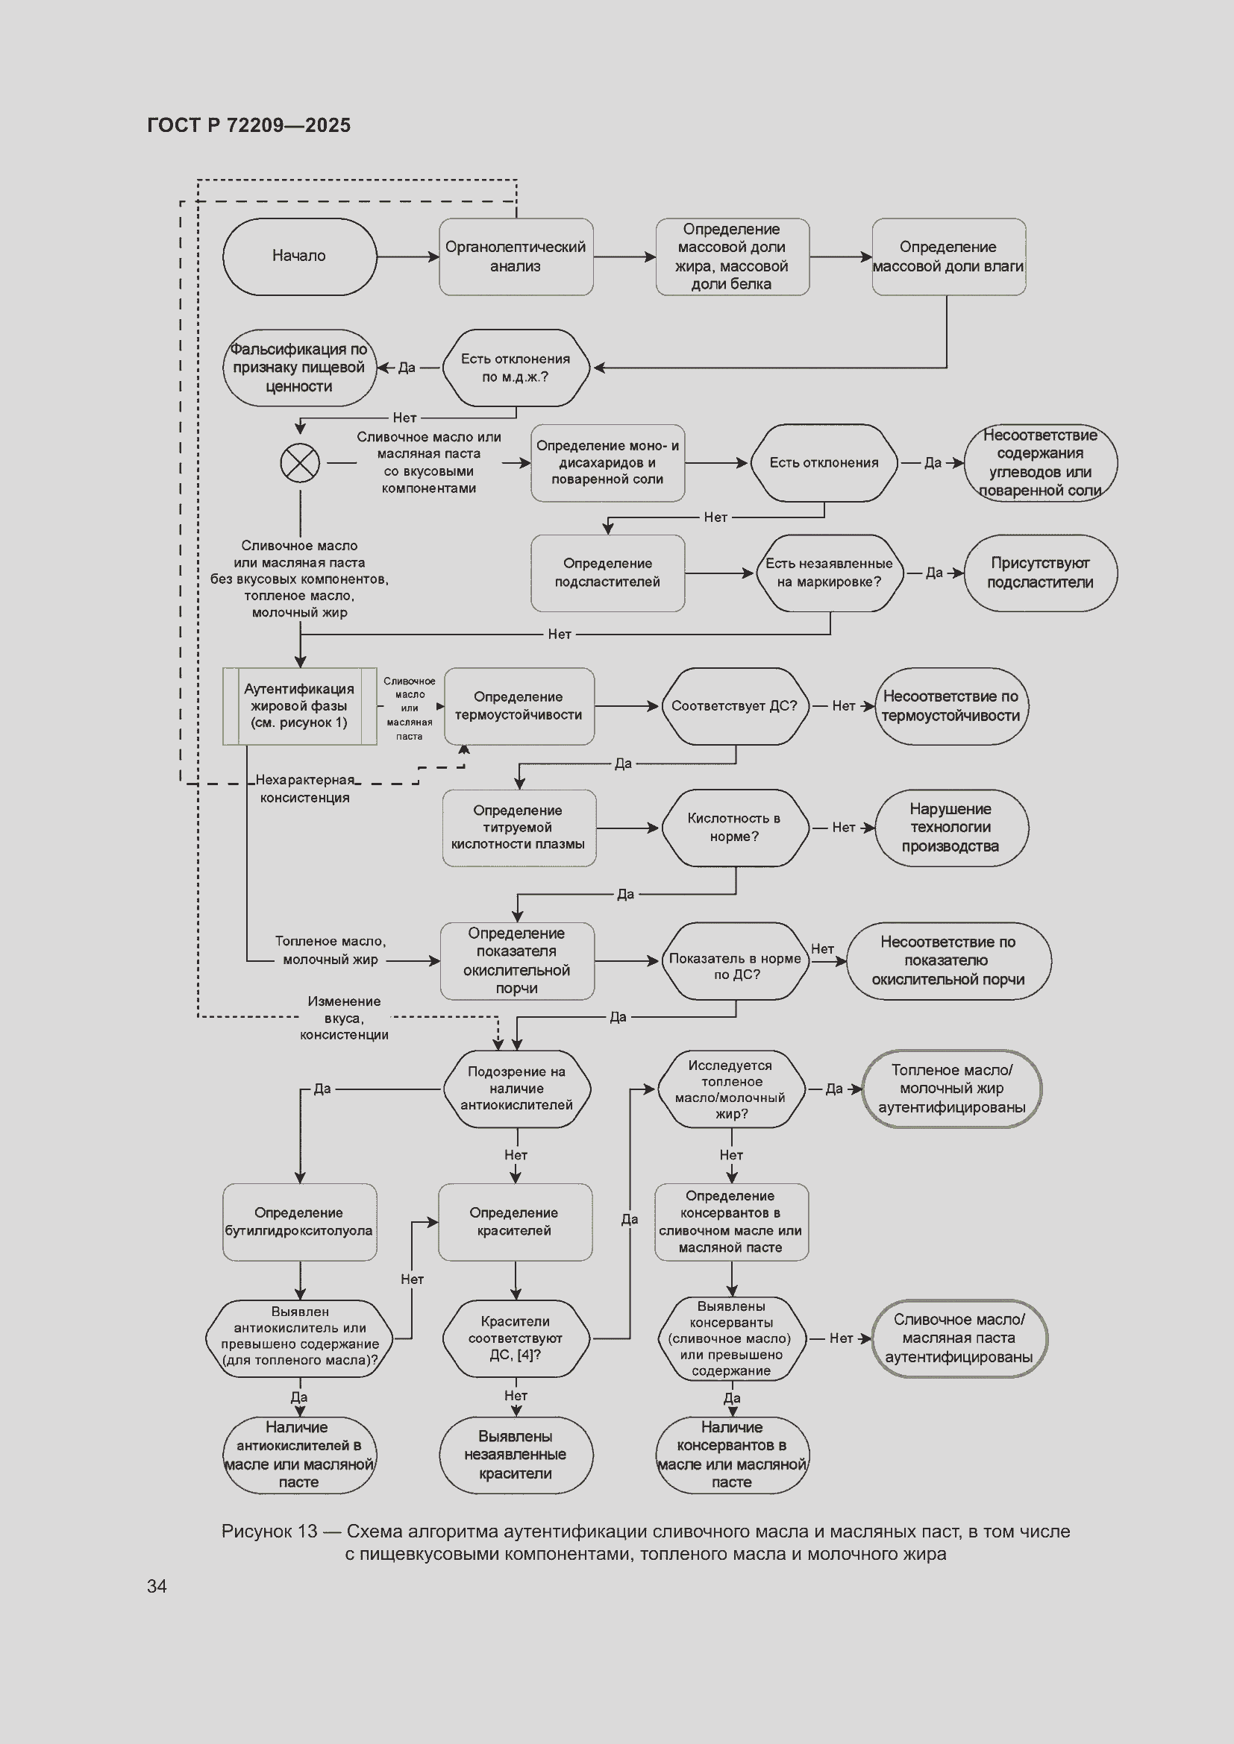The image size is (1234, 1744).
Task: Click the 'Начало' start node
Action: tap(299, 256)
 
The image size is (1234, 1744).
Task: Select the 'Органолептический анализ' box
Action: tap(516, 256)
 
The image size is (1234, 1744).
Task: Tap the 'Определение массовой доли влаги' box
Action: tap(948, 256)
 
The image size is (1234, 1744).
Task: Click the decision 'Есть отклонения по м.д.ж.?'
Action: tap(516, 368)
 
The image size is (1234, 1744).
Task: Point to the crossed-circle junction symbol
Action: tap(300, 462)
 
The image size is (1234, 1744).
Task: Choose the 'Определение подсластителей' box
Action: tap(607, 573)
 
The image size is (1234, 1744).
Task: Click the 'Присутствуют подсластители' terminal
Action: tap(1040, 573)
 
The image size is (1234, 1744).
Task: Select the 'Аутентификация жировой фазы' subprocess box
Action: tap(299, 705)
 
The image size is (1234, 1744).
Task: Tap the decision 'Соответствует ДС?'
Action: tap(735, 705)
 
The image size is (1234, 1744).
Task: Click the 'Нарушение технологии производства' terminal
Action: tap(951, 828)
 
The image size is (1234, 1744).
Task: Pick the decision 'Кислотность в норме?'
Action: tap(735, 828)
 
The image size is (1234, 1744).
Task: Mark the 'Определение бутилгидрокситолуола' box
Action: tap(299, 1222)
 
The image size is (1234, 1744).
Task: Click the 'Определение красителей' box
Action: tap(516, 1222)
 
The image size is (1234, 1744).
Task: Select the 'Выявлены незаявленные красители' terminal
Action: tap(516, 1455)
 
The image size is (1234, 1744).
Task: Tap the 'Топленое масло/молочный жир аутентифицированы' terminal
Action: tap(951, 1089)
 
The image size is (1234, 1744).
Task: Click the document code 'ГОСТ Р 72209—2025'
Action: tap(248, 125)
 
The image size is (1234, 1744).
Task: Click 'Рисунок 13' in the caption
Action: tap(269, 1531)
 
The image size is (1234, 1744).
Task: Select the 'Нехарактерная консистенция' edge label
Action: tap(304, 788)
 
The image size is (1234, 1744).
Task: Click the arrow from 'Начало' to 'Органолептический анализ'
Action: tap(408, 256)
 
